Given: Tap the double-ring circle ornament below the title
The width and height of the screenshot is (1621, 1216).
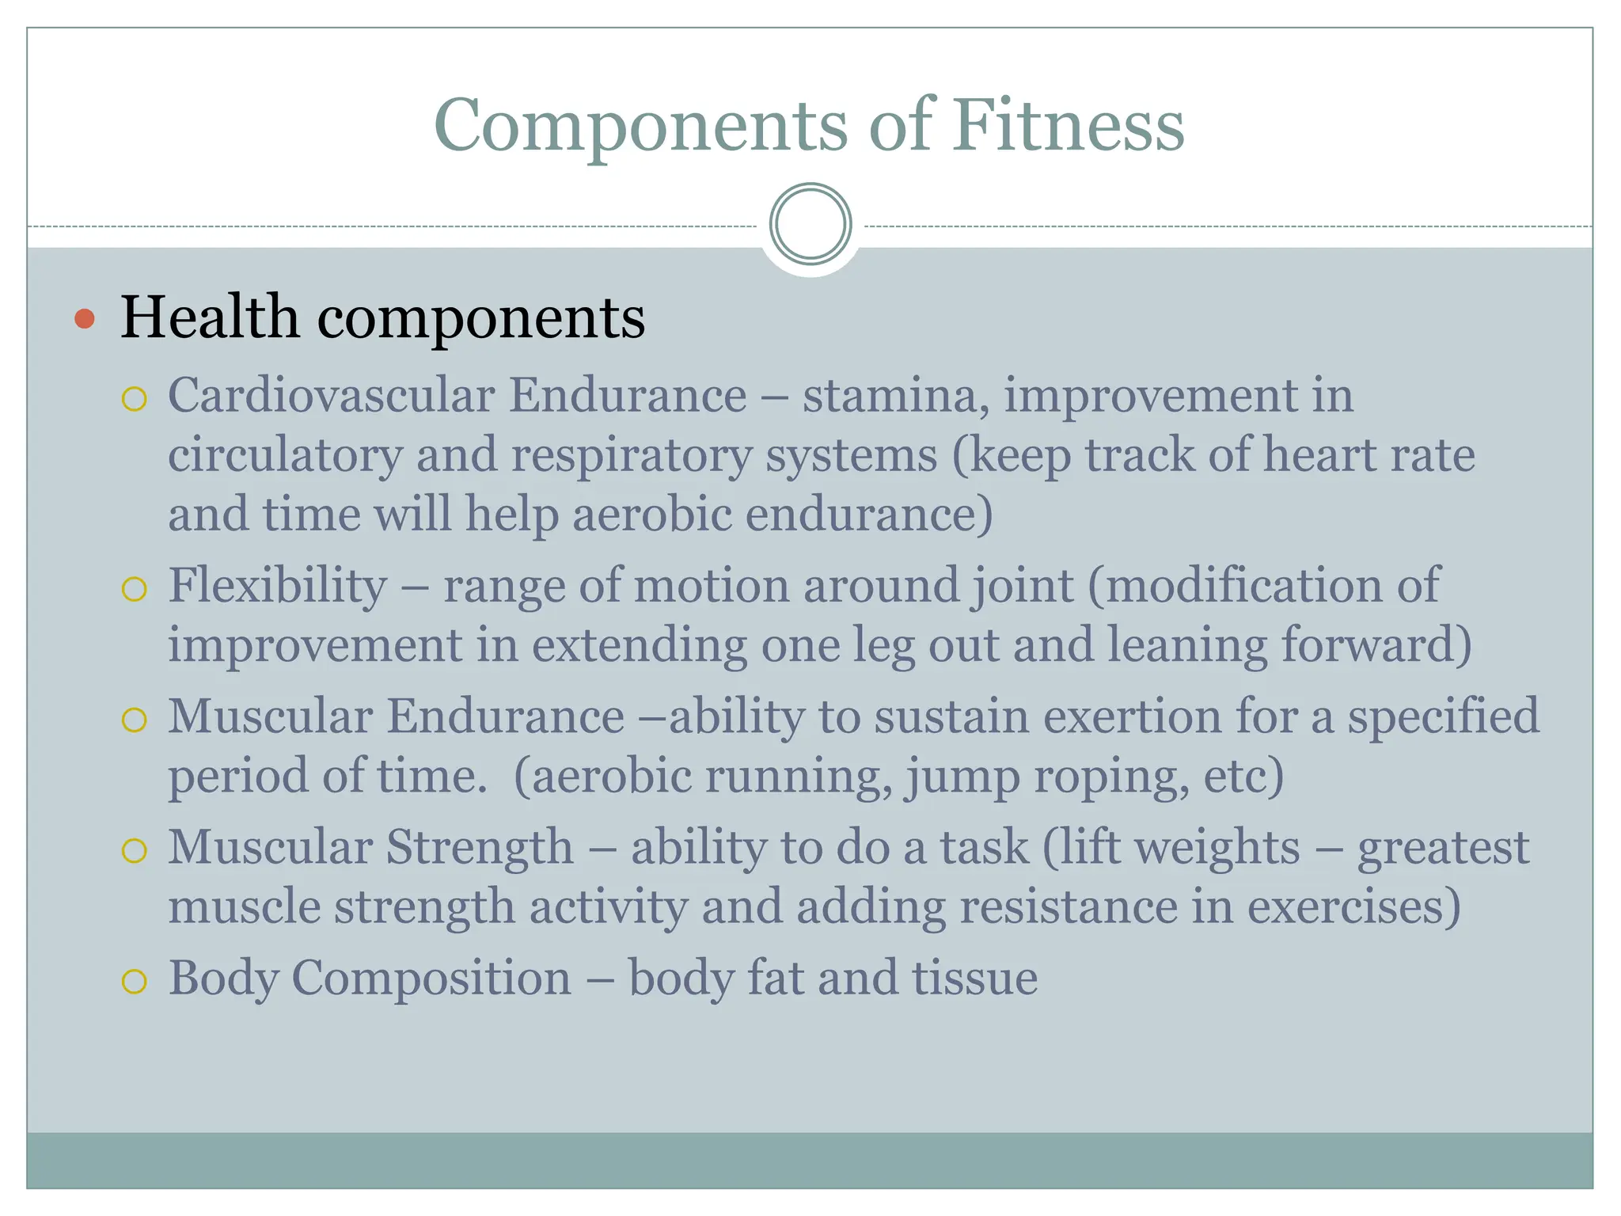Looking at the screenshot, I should (810, 224).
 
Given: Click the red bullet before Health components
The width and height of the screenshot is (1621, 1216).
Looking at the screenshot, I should (85, 319).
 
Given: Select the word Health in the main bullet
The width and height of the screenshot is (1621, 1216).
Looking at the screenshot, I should (210, 317).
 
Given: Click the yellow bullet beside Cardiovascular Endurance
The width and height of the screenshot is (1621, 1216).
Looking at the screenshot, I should (135, 398).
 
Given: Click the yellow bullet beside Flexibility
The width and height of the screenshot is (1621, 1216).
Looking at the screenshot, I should (135, 589).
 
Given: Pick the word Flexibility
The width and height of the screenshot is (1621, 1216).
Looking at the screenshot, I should (277, 586).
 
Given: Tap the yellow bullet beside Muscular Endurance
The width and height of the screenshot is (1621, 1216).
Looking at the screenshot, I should (135, 720).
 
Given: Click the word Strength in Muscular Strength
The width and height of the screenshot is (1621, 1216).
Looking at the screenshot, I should (480, 847).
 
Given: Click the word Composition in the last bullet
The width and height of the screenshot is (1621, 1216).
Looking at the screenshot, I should (431, 978).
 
